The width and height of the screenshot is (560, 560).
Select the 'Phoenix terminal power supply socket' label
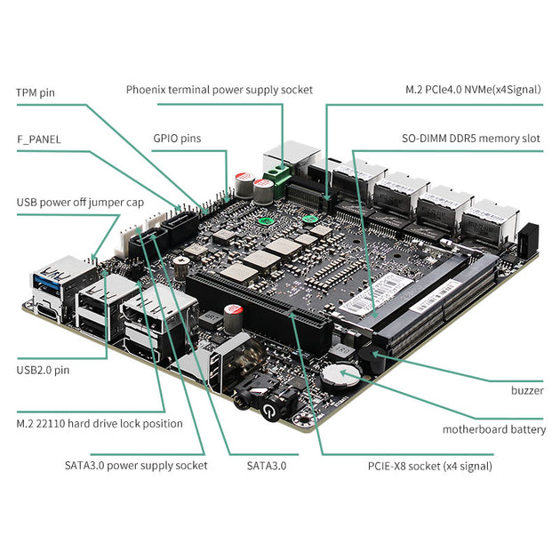point(219,90)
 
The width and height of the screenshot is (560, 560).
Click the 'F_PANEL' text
point(39,140)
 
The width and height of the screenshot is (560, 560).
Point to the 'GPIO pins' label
point(177,139)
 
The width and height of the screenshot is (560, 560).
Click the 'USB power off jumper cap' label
point(80,203)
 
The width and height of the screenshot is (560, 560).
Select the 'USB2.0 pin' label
point(43,370)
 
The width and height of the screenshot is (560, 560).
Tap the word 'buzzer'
point(527,390)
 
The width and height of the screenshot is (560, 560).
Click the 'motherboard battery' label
point(494,429)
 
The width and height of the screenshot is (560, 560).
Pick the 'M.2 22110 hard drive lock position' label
point(100,423)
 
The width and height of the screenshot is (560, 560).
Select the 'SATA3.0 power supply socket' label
point(136,465)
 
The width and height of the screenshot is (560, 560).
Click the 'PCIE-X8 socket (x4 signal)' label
point(429,465)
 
